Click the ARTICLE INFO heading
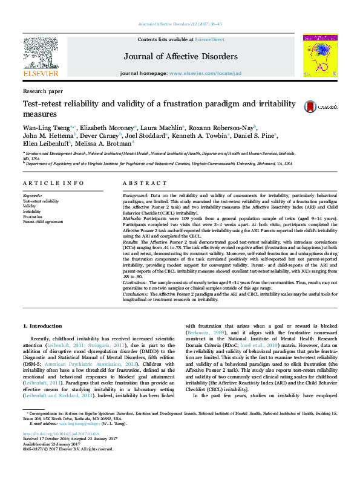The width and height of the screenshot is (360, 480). (x=53, y=183)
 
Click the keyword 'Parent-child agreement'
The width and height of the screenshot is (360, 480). (x=44, y=222)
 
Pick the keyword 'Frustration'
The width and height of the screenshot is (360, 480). (x=33, y=217)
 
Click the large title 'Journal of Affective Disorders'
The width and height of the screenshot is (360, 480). (x=181, y=56)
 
